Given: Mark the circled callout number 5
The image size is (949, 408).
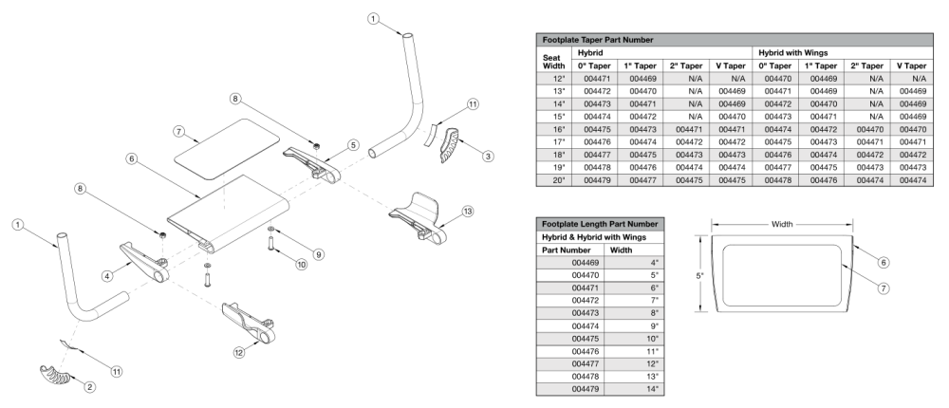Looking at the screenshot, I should (x=353, y=144).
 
